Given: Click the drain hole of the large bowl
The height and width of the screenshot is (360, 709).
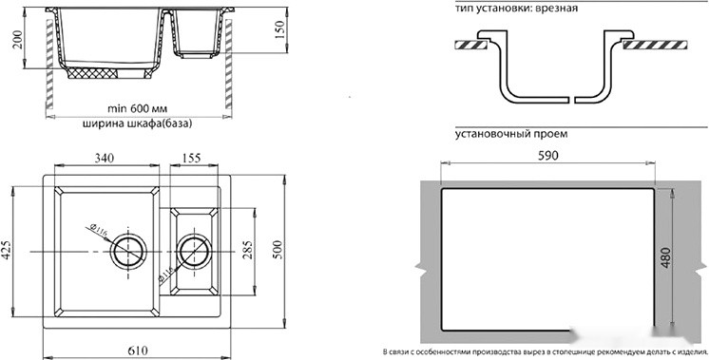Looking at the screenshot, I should pyautogui.click(x=126, y=252).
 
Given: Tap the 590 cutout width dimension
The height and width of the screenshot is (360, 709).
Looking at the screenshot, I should pyautogui.click(x=547, y=158).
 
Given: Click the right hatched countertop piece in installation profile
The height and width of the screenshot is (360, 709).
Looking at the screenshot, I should pyautogui.click(x=655, y=44).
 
